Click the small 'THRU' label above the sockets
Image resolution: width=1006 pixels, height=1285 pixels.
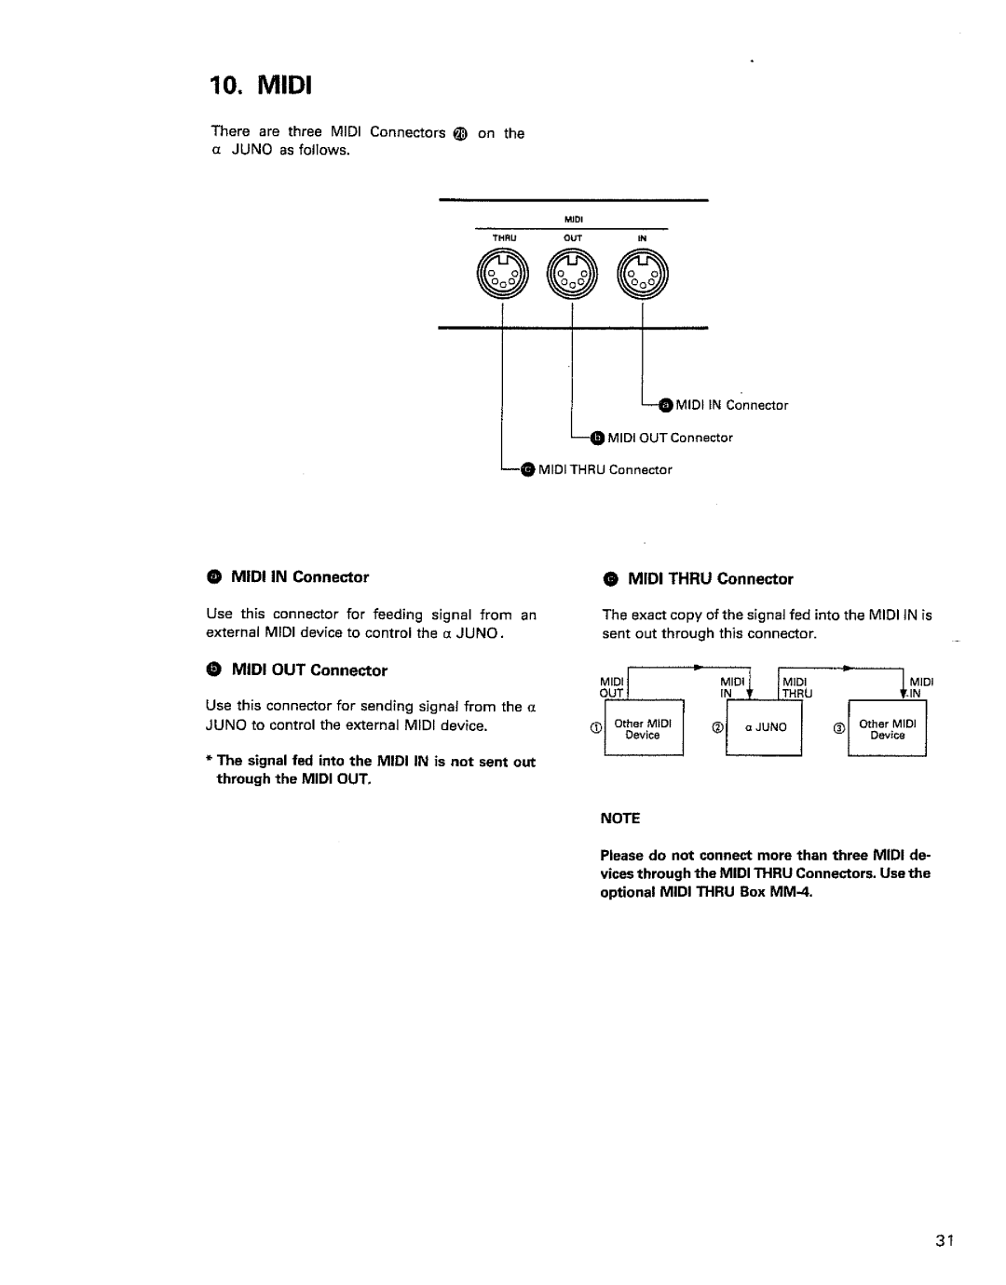pyautogui.click(x=503, y=238)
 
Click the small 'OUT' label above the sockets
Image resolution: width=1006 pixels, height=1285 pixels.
pyautogui.click(x=573, y=238)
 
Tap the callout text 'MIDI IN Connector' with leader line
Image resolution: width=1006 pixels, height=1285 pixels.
pyautogui.click(x=732, y=405)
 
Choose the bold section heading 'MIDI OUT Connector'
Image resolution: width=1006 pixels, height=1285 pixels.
pyautogui.click(x=309, y=670)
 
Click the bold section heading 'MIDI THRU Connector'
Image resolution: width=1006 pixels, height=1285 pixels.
pyautogui.click(x=710, y=579)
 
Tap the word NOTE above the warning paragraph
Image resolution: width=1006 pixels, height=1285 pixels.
pyautogui.click(x=621, y=818)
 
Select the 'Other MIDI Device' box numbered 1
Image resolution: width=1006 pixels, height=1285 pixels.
pyautogui.click(x=643, y=728)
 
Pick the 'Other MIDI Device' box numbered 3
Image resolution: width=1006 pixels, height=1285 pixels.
pyautogui.click(x=887, y=728)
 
